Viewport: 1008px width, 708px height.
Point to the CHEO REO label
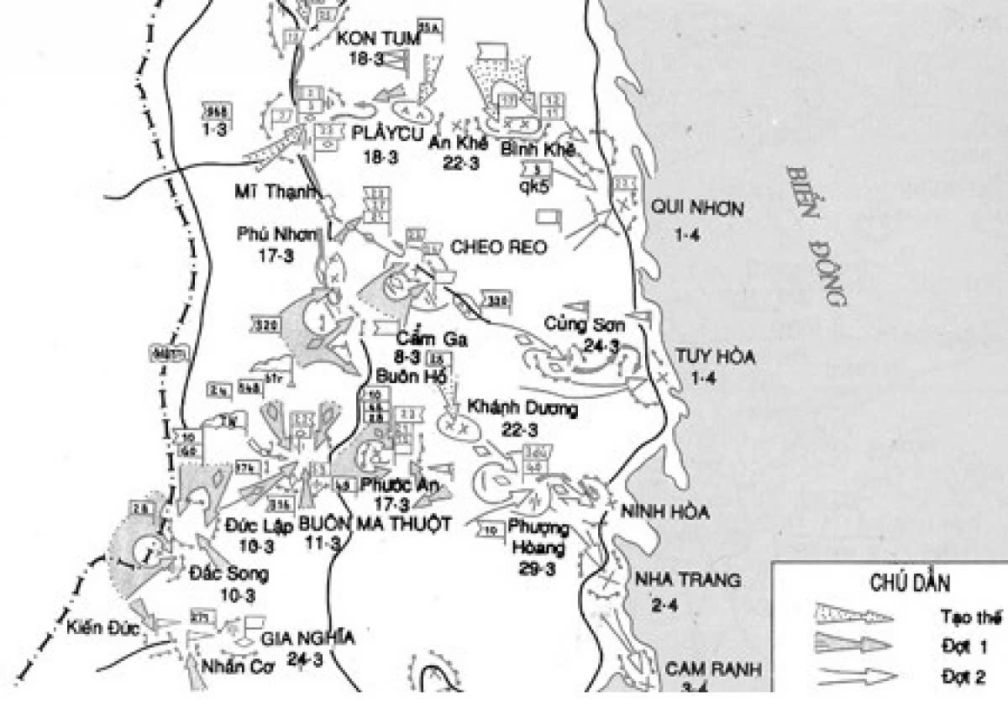[499, 247]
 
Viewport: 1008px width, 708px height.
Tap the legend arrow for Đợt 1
[853, 645]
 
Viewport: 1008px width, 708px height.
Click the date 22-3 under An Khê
[461, 164]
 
